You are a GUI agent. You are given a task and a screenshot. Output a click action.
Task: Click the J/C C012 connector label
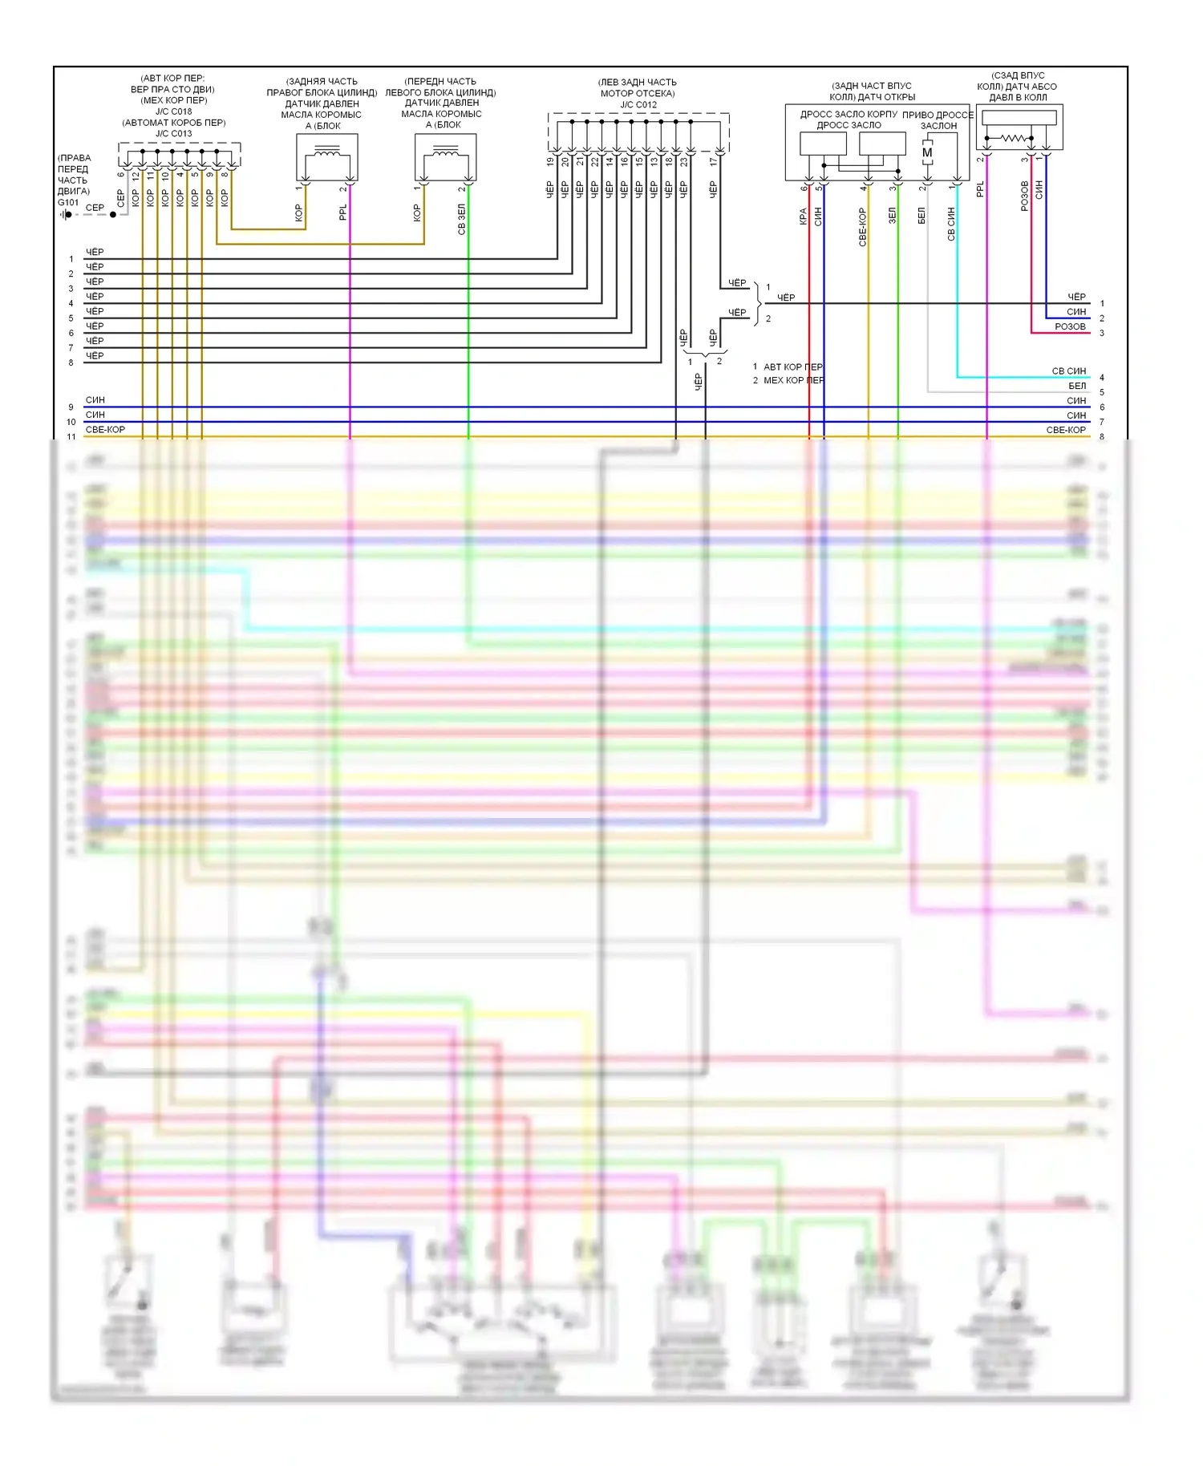638,105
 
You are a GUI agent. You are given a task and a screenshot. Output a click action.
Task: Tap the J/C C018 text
173,111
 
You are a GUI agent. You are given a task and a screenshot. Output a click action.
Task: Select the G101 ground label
68,203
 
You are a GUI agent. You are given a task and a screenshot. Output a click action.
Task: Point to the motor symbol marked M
927,153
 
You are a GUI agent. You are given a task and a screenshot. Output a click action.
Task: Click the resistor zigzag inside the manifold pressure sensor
1012,138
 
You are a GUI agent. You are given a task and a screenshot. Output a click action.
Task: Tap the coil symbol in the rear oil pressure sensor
326,151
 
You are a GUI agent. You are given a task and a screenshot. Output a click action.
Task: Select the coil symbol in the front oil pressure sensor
445,151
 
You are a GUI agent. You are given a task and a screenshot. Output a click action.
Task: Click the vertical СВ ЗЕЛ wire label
461,219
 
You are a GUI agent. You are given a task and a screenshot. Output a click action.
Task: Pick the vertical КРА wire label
803,217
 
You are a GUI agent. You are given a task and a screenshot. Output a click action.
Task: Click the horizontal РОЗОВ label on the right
1070,326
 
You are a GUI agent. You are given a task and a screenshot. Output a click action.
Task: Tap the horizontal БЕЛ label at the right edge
1077,386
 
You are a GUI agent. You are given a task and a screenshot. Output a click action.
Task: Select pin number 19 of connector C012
551,161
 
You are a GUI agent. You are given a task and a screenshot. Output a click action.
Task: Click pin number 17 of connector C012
714,161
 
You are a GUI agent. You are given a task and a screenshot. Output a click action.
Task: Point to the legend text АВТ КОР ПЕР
792,366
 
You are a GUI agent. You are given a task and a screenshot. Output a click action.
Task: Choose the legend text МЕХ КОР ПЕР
793,380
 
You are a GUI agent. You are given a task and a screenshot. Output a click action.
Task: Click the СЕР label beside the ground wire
95,208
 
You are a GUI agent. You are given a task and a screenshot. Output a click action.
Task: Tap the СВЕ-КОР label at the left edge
105,430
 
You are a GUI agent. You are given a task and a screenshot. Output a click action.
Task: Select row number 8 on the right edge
1102,437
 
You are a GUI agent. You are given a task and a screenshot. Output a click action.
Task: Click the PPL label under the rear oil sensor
343,212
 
